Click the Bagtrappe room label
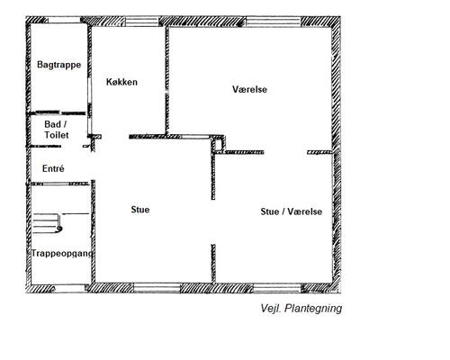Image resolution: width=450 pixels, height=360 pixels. tap(59, 65)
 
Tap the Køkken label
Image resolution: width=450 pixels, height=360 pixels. tap(121, 82)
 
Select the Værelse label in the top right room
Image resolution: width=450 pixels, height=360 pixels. tap(249, 89)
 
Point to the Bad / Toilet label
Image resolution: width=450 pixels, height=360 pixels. tap(57, 130)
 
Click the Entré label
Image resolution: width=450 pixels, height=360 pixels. tap(53, 168)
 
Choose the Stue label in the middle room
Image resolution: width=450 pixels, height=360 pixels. tap(140, 210)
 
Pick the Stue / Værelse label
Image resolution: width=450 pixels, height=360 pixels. tap(292, 211)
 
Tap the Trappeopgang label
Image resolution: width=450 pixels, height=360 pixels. tap(62, 254)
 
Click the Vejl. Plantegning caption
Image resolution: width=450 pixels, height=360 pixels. tap(301, 309)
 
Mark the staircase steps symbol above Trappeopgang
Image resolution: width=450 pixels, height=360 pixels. tap(48, 223)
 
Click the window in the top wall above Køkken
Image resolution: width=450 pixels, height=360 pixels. tap(141, 22)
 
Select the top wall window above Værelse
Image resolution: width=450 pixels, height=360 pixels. tap(274, 22)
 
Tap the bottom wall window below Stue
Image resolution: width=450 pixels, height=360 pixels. tap(157, 288)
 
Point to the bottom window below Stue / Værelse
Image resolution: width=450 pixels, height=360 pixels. tap(277, 289)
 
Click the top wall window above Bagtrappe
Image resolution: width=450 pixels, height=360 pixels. tap(64, 20)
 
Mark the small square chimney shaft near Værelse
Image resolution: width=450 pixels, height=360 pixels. tap(218, 144)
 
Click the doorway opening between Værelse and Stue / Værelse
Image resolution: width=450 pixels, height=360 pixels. tap(285, 152)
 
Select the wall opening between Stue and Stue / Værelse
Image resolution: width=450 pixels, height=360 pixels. tap(213, 222)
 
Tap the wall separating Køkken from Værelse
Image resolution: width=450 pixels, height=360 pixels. tap(167, 80)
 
